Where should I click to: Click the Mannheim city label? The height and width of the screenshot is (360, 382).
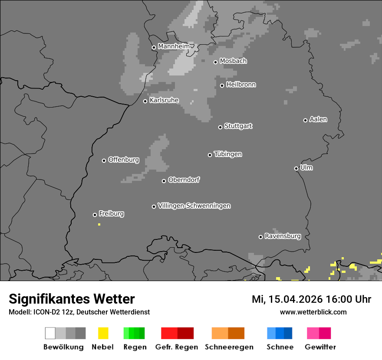(174, 46)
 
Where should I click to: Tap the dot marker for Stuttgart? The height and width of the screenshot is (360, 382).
(220, 127)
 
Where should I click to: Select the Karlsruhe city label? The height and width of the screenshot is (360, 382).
(164, 101)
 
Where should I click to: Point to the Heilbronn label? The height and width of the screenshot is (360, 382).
(241, 85)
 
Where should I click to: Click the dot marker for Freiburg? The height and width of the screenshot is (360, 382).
(95, 215)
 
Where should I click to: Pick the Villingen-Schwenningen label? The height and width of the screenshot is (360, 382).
(194, 206)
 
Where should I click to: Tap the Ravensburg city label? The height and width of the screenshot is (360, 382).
(283, 236)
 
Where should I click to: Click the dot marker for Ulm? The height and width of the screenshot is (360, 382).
(296, 168)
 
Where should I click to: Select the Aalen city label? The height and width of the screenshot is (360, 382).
(318, 119)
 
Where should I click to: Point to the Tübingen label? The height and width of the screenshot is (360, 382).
(228, 154)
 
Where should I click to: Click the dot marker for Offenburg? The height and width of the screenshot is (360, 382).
(104, 160)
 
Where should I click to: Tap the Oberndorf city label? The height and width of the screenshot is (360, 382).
(184, 180)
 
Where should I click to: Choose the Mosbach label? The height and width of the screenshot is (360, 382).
(233, 61)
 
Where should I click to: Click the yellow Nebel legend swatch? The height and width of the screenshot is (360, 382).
(103, 333)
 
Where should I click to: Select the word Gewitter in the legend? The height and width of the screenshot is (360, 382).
(320, 347)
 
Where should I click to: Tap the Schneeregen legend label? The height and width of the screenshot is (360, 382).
(229, 347)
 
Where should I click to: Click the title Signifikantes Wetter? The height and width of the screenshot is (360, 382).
(72, 299)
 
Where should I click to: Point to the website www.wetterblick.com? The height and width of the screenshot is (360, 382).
(313, 312)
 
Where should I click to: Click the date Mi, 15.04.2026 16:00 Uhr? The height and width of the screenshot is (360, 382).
(311, 299)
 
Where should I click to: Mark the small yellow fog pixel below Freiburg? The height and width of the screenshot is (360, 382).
(99, 224)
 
